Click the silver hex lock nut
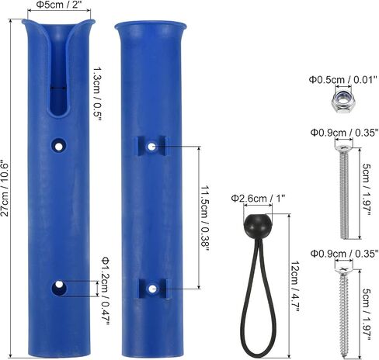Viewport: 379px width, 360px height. pyautogui.click(x=343, y=100)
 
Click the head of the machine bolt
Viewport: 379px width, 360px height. pyautogui.click(x=344, y=147)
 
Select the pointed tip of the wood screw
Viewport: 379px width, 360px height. pyautogui.click(x=346, y=357)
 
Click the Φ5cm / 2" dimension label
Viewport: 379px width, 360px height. pyautogui.click(x=57, y=5)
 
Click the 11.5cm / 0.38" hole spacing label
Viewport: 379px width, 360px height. pyautogui.click(x=206, y=218)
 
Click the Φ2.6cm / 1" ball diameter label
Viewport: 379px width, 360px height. pyautogui.click(x=258, y=199)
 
